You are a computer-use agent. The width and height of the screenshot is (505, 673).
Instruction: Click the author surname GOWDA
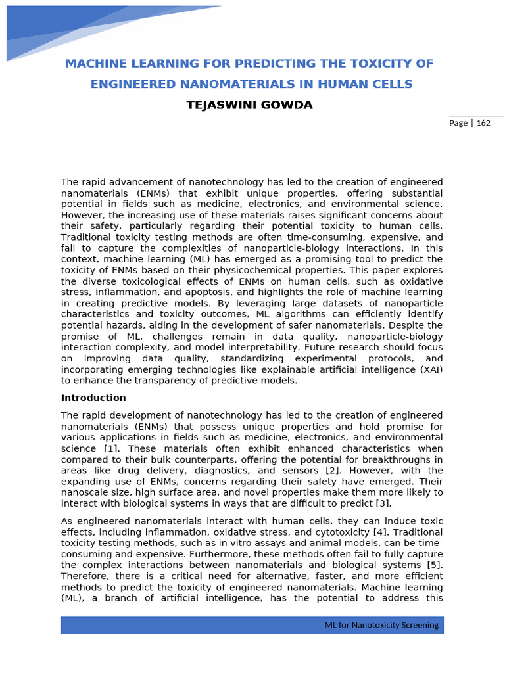coord(285,105)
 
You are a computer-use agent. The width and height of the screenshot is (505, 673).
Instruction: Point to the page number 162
coord(483,123)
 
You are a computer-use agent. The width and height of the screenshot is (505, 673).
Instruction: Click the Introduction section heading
coord(93,398)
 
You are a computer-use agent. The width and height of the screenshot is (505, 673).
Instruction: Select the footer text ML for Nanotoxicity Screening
coord(381,625)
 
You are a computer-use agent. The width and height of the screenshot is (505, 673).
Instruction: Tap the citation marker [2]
coord(332,471)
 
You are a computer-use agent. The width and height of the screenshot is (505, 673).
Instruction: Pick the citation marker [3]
coord(383,503)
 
